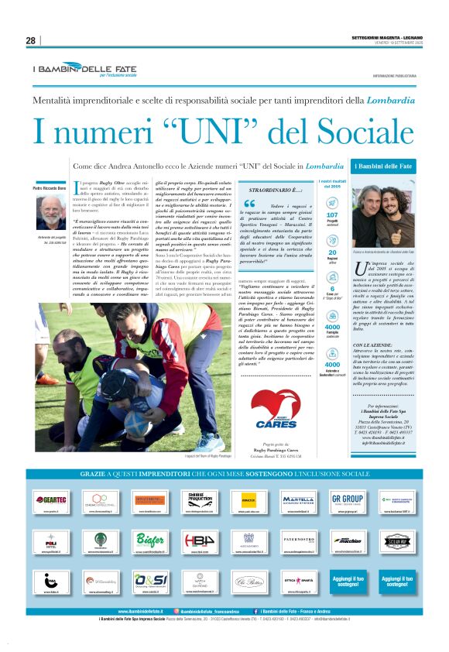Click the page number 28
pos(31,40)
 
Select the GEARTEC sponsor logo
pos(51,499)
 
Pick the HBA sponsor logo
pos(200,540)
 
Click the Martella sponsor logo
pos(298,499)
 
